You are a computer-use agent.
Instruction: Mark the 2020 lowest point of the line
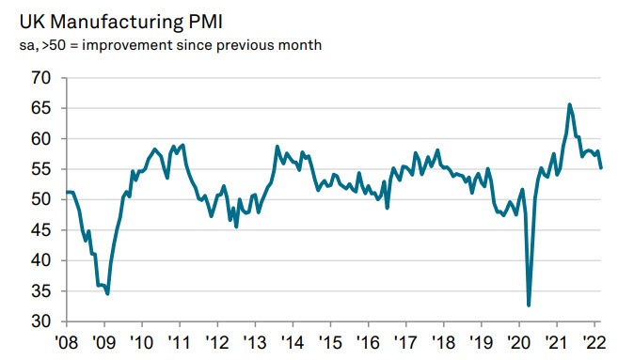529,305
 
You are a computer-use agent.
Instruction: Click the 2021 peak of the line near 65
569,104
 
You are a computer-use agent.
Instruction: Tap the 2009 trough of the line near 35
108,294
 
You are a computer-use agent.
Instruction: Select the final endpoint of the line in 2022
602,167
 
